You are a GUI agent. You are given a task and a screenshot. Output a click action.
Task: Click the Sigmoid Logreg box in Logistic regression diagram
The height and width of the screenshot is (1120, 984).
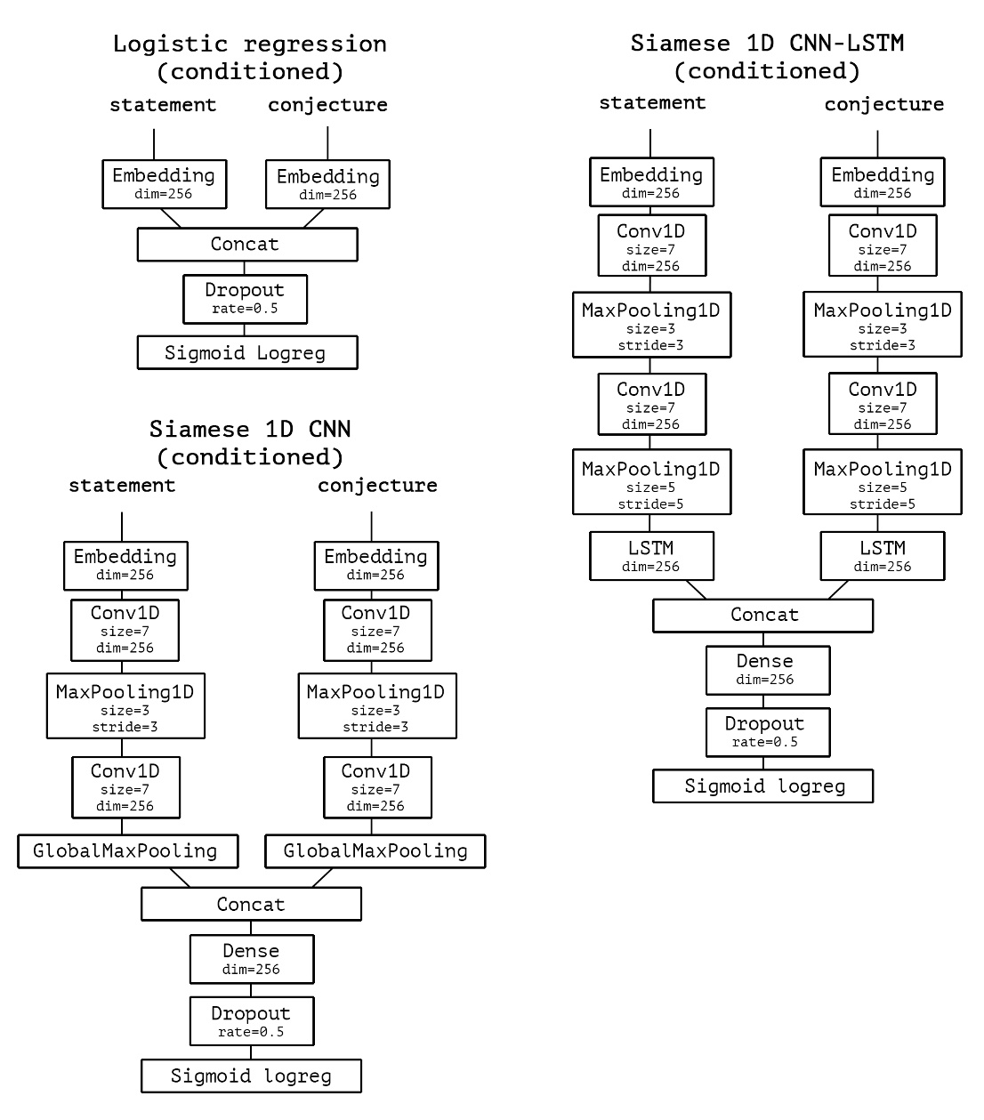247,352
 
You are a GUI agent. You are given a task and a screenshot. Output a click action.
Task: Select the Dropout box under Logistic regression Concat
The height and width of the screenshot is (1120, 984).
245,299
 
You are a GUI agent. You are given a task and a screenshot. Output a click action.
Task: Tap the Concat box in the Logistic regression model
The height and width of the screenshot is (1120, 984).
247,244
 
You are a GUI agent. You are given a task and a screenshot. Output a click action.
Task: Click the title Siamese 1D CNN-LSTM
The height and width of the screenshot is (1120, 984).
767,43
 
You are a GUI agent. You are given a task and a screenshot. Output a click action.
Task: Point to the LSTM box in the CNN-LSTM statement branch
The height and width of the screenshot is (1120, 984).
651,556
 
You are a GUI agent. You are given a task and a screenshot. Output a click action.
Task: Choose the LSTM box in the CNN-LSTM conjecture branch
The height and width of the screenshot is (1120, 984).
882,556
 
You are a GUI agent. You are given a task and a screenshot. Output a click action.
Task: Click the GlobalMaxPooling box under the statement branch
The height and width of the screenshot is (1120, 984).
128,851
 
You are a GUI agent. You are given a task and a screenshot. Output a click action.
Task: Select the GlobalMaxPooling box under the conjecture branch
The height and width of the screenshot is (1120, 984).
375,851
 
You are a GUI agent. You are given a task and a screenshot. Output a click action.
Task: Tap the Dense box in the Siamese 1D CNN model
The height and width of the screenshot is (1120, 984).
252,959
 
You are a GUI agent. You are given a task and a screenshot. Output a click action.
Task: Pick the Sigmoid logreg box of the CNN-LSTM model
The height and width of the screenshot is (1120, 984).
763,786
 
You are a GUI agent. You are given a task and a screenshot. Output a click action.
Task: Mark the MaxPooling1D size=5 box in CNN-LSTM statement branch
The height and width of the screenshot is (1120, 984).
651,482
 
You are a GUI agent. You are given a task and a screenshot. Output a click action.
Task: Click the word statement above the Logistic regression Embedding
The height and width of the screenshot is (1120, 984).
163,105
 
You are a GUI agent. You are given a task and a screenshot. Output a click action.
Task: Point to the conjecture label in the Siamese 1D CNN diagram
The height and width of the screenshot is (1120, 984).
377,486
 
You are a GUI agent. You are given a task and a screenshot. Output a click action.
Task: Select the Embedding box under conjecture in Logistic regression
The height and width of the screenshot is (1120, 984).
327,184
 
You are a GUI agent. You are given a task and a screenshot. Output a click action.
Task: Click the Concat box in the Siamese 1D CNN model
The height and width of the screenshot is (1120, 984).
251,904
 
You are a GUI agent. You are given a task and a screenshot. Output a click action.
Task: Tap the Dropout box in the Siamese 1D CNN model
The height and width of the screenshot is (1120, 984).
252,1021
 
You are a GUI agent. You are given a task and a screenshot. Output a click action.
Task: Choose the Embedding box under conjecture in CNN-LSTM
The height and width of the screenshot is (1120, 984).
882,181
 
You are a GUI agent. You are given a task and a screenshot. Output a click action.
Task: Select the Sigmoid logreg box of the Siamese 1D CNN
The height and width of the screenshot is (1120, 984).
251,1076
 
